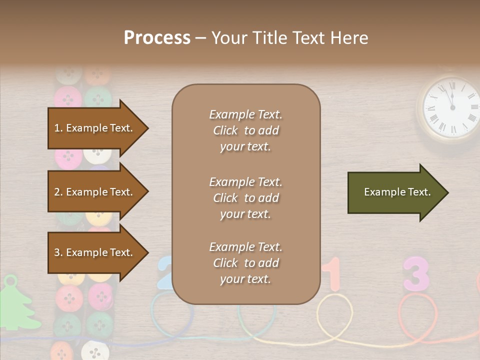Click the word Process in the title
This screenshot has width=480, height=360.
coord(157,38)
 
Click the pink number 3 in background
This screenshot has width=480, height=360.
coord(416,274)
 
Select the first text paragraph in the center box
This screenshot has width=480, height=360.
coord(245,130)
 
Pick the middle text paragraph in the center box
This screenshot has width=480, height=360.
coord(245,198)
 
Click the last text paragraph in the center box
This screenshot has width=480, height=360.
coord(245,263)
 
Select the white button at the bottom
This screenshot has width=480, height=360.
coord(95,350)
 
